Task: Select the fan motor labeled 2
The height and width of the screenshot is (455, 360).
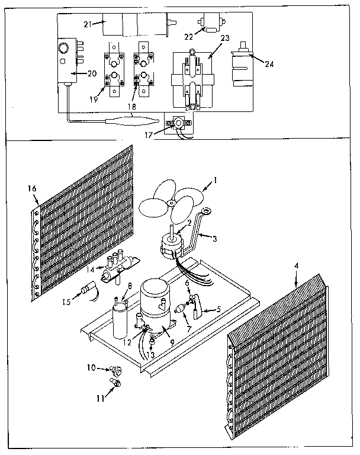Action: [173, 243]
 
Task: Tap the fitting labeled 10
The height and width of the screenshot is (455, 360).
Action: [115, 371]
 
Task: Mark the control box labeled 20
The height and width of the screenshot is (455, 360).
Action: [66, 65]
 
